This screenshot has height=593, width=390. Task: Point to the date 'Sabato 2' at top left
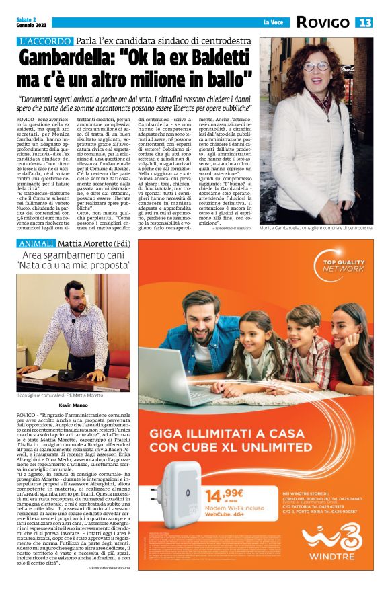click(27, 20)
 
